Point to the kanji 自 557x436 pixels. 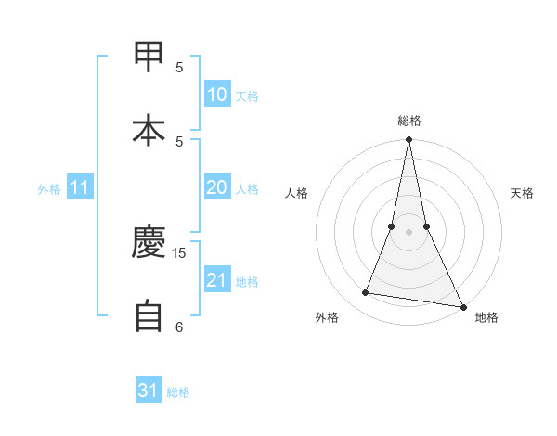coord(149,315)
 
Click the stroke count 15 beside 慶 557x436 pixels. coord(179,252)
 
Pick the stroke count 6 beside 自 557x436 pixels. coord(179,327)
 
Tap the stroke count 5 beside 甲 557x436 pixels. coord(179,67)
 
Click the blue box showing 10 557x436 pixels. coord(217,95)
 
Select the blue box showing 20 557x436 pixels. coord(217,187)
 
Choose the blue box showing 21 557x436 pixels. coord(217,280)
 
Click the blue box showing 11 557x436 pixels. coord(80,188)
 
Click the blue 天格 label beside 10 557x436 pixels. coord(247,96)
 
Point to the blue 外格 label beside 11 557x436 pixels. coord(49,189)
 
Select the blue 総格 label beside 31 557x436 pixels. coord(178,392)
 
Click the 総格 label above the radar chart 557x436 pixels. coord(409,121)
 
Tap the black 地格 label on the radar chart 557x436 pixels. coord(486,317)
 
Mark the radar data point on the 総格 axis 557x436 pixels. coord(408,140)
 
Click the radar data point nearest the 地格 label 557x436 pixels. coord(462,305)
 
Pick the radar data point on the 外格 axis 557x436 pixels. coord(366,293)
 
